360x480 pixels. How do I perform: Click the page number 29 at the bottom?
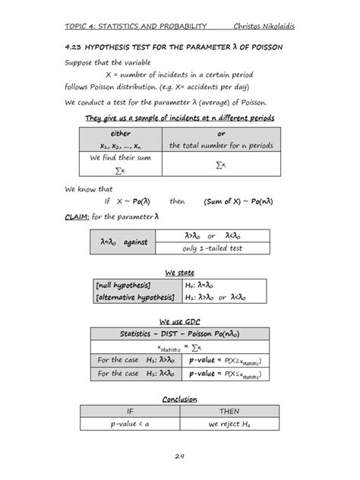coord(179,456)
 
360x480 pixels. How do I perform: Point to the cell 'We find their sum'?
coord(120,159)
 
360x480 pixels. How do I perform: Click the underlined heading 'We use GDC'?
coord(179,321)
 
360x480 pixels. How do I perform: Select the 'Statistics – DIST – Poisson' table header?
coord(179,333)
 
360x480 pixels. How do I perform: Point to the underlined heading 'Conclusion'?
coord(179,399)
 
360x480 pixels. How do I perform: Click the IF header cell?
coord(123,412)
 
